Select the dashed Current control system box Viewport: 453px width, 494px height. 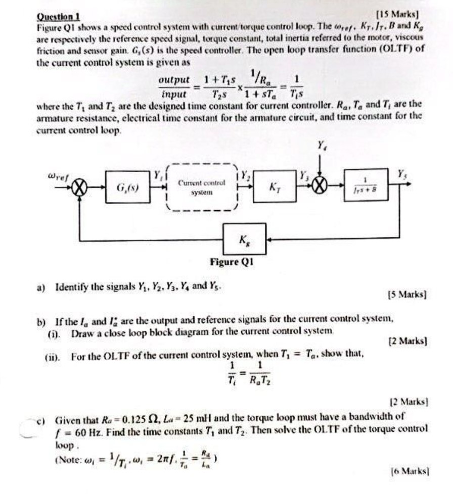[201, 187]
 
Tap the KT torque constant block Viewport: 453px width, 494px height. [273, 187]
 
